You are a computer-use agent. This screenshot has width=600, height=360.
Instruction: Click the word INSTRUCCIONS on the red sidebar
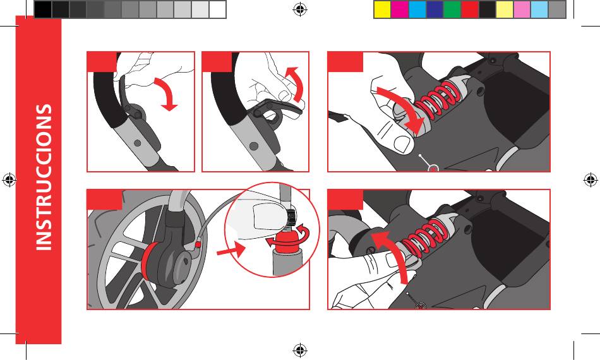(x=44, y=177)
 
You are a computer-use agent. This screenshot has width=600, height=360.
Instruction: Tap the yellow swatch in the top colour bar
(x=382, y=9)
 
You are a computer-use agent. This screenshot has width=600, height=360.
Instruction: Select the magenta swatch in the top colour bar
(x=400, y=9)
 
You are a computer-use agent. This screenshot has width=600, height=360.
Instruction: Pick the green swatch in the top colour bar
(x=452, y=9)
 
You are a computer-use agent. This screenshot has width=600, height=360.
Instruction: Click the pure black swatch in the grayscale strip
(x=43, y=9)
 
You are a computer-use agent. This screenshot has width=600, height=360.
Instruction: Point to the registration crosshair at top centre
(x=300, y=9)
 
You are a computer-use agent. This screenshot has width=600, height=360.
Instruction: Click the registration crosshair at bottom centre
(x=300, y=350)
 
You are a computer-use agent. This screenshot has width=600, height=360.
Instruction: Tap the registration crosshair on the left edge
(x=9, y=179)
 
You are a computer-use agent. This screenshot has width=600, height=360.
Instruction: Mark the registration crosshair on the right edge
(x=591, y=179)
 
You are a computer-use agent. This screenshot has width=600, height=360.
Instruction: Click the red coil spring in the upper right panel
(x=436, y=99)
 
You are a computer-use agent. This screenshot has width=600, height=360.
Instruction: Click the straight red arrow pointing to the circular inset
(x=231, y=251)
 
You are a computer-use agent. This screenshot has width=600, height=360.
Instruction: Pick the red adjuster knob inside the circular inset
(x=287, y=242)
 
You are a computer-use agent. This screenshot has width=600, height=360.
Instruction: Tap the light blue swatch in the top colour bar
(x=539, y=9)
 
